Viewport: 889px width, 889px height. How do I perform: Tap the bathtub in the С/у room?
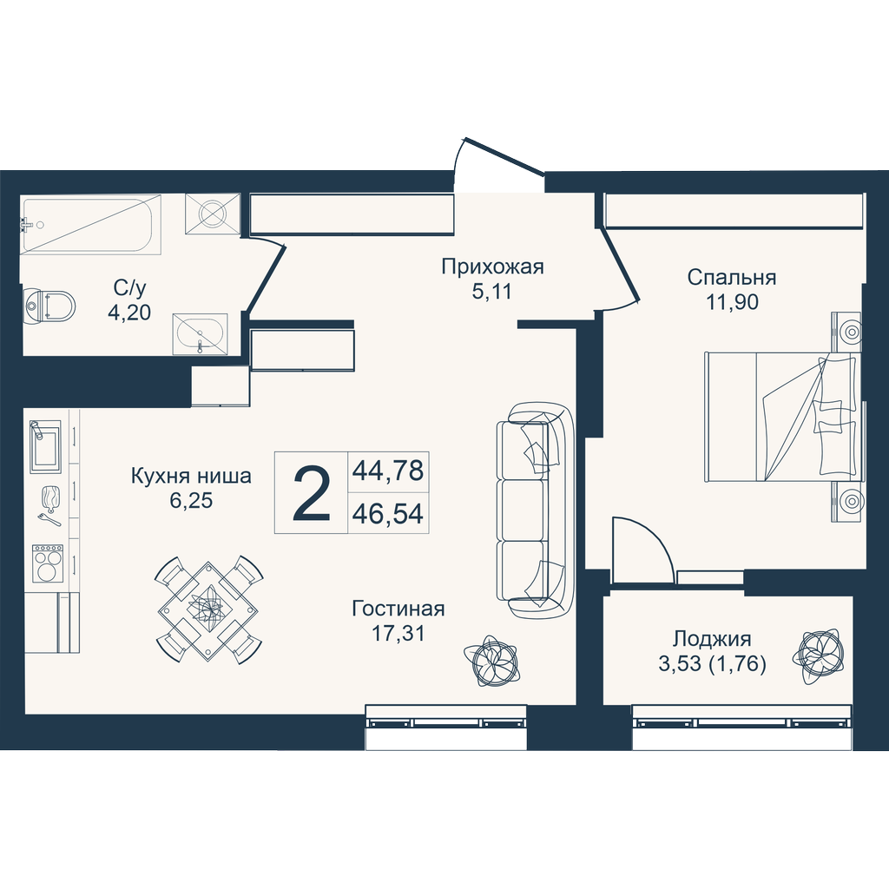click(x=91, y=224)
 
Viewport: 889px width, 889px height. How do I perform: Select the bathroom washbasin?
click(x=200, y=334)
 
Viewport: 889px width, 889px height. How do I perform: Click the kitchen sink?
click(x=45, y=445)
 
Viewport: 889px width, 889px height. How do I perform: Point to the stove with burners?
click(x=48, y=563)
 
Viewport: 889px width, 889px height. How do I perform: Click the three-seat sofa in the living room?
click(x=535, y=510)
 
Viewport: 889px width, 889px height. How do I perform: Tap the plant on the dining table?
click(x=207, y=609)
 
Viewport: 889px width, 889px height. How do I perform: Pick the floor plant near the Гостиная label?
click(x=491, y=661)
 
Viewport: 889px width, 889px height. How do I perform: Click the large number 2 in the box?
click(x=312, y=492)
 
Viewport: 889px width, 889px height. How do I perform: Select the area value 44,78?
click(x=388, y=470)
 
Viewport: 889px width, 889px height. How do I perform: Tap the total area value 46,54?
click(x=388, y=514)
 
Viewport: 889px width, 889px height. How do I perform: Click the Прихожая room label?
click(x=492, y=266)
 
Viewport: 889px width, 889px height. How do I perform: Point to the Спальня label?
click(x=731, y=278)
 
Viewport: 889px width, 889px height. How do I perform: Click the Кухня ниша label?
click(x=191, y=475)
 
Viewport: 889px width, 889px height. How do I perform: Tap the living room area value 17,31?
click(x=398, y=633)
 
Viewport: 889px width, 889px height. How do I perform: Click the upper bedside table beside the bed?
click(x=846, y=332)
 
